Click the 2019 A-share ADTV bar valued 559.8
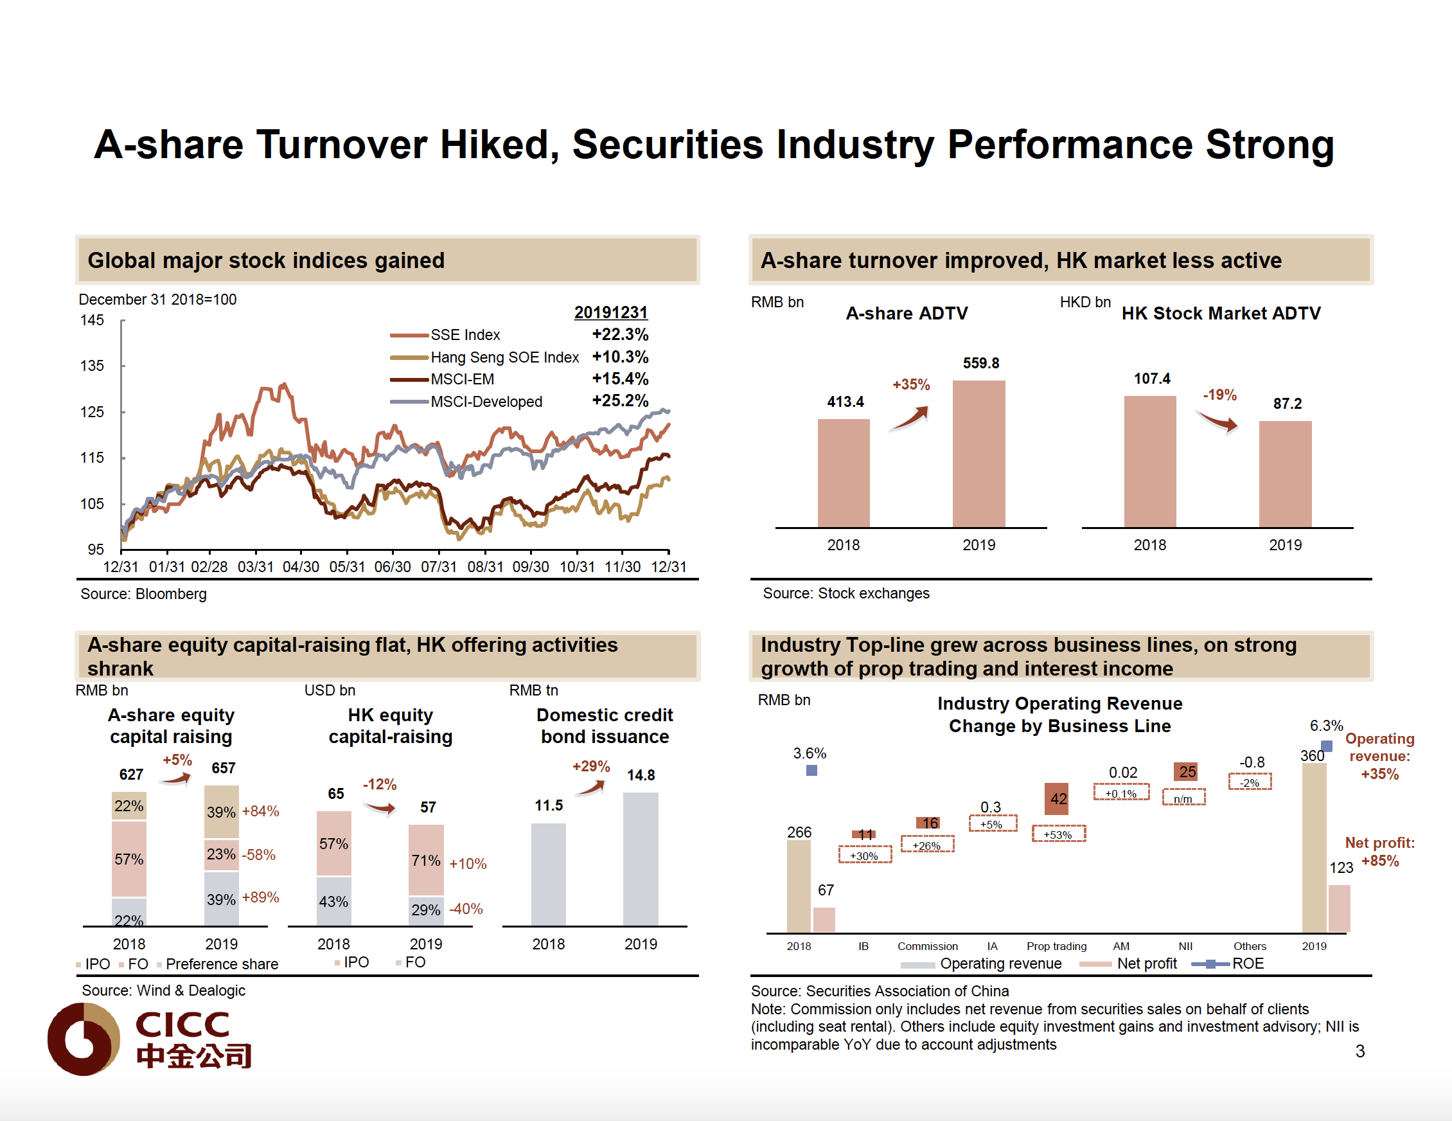tap(978, 454)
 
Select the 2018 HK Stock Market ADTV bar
tap(1149, 461)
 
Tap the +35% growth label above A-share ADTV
tap(911, 384)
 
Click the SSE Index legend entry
tap(465, 335)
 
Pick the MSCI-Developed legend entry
tap(486, 402)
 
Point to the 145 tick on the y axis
tap(93, 321)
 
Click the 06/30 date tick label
tap(393, 567)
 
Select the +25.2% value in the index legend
tap(619, 400)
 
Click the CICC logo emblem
tap(84, 1039)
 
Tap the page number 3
tap(1359, 1051)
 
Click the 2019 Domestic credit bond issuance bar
tap(641, 858)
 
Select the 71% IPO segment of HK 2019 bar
tap(425, 860)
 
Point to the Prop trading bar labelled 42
tap(1056, 798)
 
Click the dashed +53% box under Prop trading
tap(1058, 834)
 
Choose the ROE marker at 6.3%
tap(1325, 746)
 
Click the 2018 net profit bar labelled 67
tap(824, 919)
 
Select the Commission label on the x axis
tap(928, 946)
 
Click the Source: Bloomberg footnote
tap(144, 594)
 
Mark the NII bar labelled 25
tap(1185, 772)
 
